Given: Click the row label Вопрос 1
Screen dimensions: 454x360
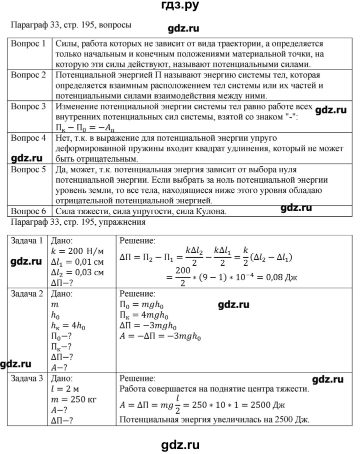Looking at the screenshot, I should point(28,43).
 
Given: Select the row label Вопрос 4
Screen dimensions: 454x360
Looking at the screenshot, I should point(28,137).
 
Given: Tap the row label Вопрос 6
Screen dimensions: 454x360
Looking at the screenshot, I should point(28,211).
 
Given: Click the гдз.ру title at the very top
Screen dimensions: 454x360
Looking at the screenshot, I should point(179,6).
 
